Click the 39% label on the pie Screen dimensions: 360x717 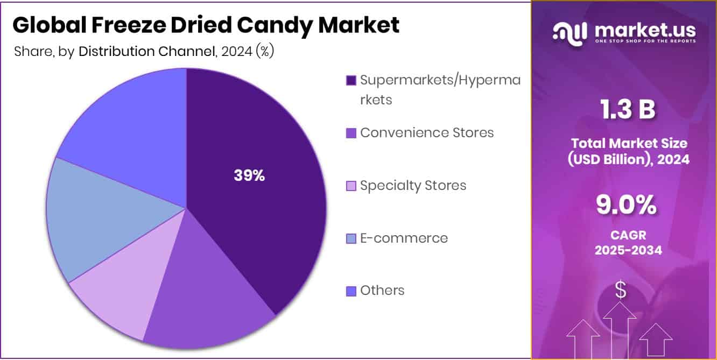coord(249,175)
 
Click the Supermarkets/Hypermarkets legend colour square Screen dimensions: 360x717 coord(351,81)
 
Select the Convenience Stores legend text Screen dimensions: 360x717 coord(427,133)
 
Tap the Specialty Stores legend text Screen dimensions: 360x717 coord(413,186)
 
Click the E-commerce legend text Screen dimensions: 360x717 coord(404,238)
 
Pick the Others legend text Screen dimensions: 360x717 coord(382,291)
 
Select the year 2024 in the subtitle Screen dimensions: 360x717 coord(235,52)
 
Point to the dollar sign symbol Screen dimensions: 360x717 coord(621,291)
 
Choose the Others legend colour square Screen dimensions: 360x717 coord(351,291)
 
